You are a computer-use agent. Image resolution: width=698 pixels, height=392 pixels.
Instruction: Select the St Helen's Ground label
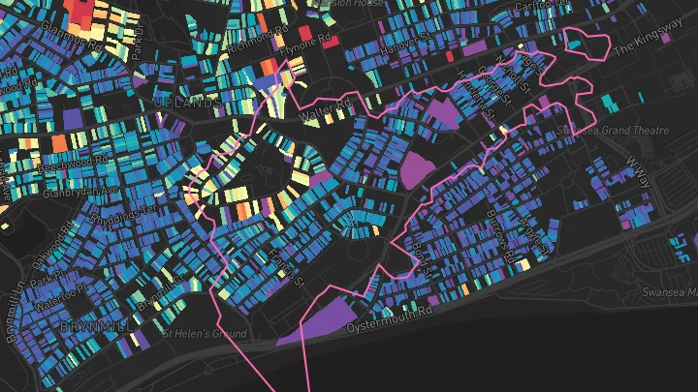coord(205,333)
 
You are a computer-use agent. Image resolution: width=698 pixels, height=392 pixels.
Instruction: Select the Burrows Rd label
coord(495,231)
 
